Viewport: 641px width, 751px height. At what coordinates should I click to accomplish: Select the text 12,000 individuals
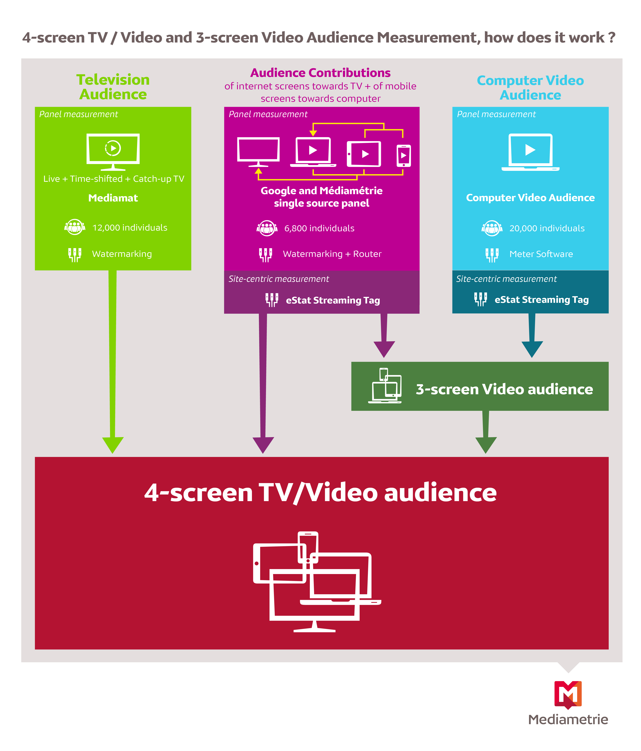click(x=130, y=228)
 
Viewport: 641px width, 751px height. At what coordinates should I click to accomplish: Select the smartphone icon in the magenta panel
click(x=403, y=156)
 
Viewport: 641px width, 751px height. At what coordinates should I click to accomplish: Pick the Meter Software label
click(x=541, y=254)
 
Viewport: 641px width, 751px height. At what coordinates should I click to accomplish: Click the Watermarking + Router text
click(x=332, y=254)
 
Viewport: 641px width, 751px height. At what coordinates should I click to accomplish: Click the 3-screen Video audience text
click(x=504, y=389)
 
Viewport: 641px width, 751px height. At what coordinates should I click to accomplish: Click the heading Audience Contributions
click(x=321, y=73)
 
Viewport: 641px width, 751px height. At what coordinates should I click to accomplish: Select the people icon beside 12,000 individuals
click(x=75, y=227)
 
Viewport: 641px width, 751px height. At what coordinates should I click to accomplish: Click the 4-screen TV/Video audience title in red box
click(x=321, y=493)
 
